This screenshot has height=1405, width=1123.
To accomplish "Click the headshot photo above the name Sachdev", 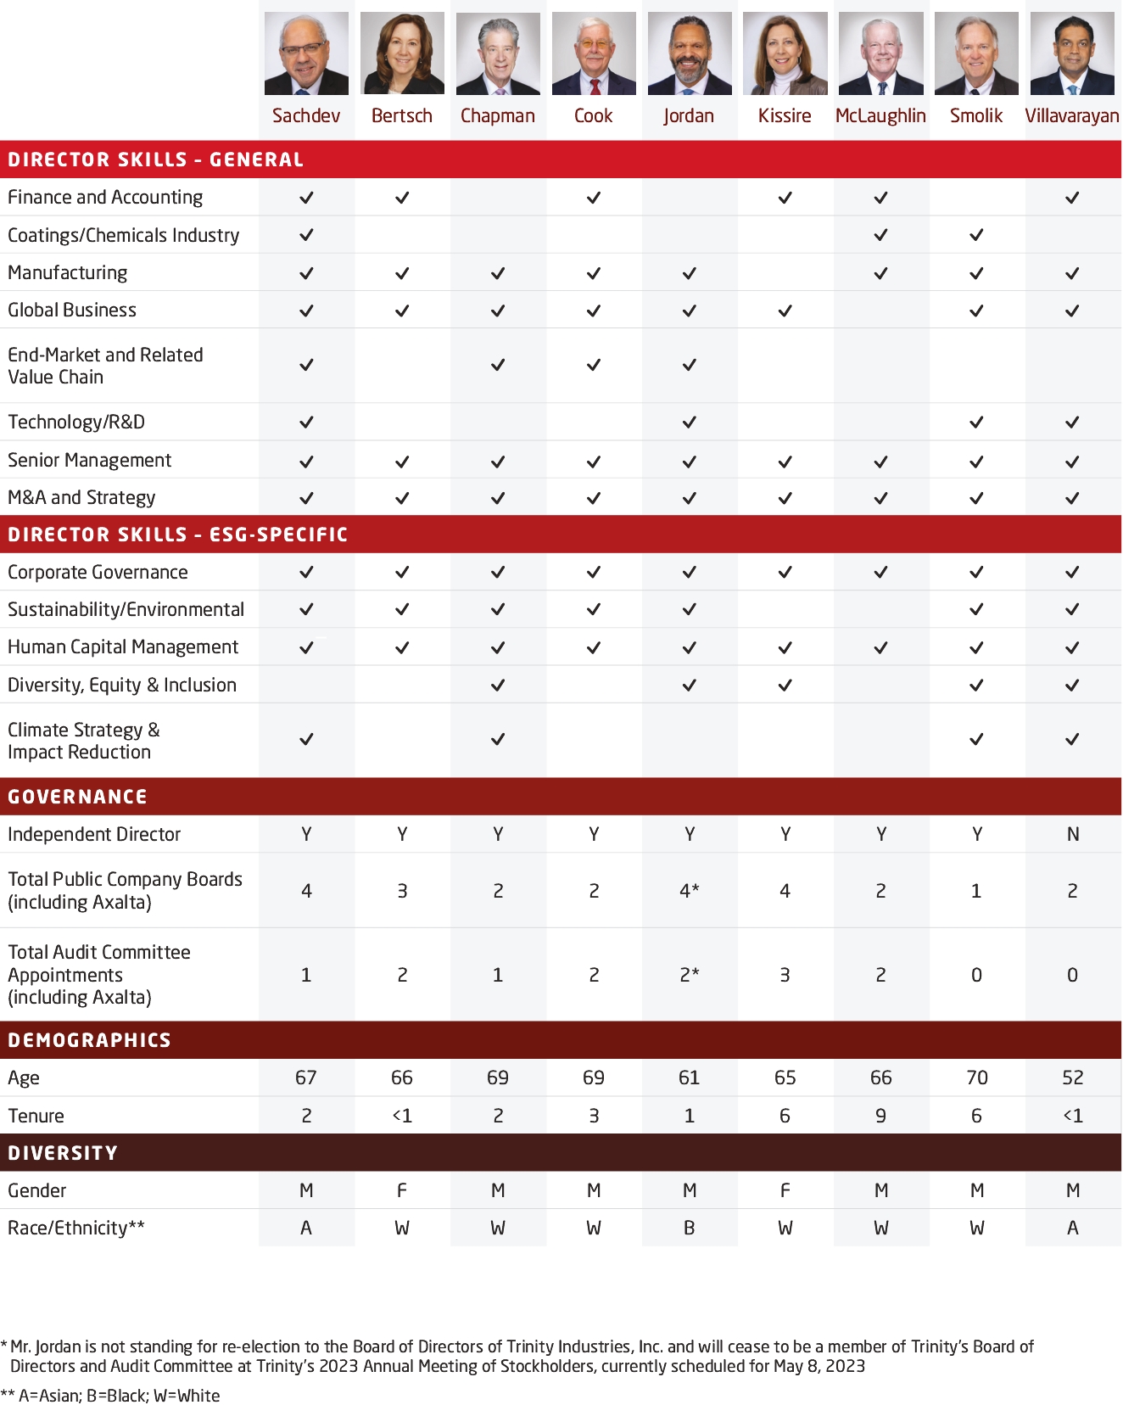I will [x=306, y=53].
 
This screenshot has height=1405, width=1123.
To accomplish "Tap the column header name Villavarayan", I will [x=1072, y=115].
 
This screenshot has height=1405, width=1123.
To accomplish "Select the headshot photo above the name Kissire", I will [x=785, y=53].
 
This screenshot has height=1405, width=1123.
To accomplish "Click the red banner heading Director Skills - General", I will [x=155, y=160].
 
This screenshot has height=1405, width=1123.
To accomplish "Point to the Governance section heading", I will [x=78, y=797].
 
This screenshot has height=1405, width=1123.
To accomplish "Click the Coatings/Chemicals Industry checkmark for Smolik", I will [x=976, y=235].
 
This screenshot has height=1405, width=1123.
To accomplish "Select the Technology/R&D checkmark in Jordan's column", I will [x=689, y=422].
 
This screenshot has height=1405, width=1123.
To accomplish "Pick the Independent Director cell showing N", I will [x=1072, y=834].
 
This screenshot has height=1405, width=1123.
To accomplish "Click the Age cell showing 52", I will [x=1072, y=1078].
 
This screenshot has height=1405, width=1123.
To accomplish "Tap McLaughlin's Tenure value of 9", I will [x=880, y=1116].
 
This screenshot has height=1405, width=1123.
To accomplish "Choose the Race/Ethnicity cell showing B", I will [x=689, y=1228].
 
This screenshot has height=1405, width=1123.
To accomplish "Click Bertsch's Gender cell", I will [x=402, y=1190].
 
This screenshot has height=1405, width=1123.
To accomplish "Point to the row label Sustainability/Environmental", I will [x=126, y=609].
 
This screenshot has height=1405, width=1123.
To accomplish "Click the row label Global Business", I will [x=72, y=310].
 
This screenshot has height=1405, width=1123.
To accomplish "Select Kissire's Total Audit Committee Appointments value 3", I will [x=785, y=975].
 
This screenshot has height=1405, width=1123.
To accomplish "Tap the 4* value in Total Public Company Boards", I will [x=689, y=891].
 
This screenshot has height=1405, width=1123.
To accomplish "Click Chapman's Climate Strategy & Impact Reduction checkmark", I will [x=498, y=739].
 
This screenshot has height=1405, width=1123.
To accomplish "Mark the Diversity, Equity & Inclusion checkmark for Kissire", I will [x=785, y=685].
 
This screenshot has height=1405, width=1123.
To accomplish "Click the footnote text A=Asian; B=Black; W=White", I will [x=119, y=1396].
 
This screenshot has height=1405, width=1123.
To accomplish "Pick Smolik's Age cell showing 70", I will [x=976, y=1078].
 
